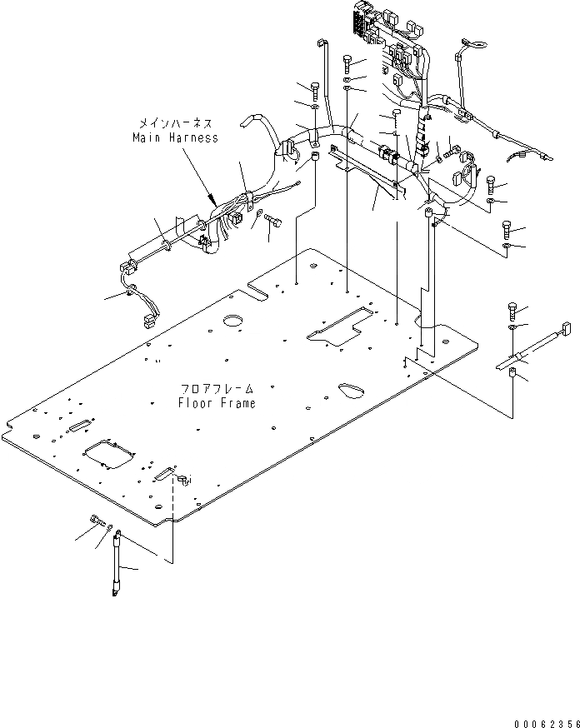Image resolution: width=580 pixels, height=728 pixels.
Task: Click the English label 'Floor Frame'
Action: (216, 403)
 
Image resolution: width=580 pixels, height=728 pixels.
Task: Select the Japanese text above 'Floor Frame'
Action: (216, 389)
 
